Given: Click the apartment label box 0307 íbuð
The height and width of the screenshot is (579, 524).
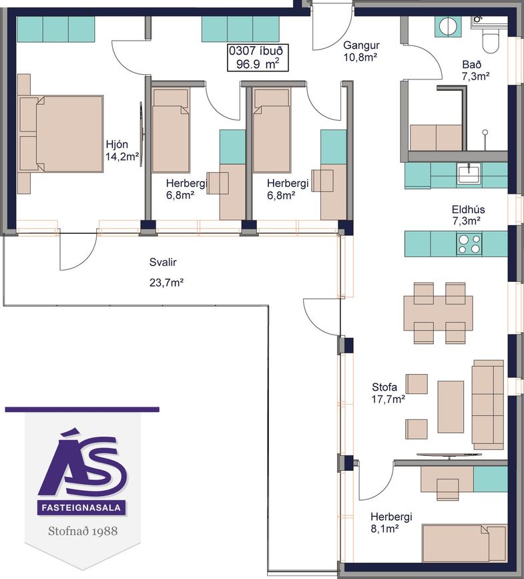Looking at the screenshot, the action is pyautogui.click(x=257, y=57).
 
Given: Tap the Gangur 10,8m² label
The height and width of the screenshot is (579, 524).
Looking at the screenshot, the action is pyautogui.click(x=361, y=51).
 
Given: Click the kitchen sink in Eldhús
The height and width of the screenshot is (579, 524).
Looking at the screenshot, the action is pyautogui.click(x=469, y=174).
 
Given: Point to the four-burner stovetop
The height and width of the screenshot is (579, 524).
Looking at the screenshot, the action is pyautogui.click(x=469, y=244).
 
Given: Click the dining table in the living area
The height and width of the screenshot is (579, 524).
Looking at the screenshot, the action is pyautogui.click(x=439, y=309).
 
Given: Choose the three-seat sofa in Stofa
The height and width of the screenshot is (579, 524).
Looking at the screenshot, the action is pyautogui.click(x=488, y=404).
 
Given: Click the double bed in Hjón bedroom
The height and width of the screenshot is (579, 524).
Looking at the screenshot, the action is pyautogui.click(x=61, y=134).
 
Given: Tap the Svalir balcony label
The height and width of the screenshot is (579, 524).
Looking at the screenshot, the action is pyautogui.click(x=163, y=262).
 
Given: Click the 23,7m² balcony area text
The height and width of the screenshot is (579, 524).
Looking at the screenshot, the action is pyautogui.click(x=166, y=283).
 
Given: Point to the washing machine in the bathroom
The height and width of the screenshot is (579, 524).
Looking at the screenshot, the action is pyautogui.click(x=448, y=27).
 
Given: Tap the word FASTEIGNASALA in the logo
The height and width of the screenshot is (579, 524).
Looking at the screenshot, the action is pyautogui.click(x=81, y=508).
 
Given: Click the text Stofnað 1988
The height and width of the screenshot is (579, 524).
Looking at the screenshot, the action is pyautogui.click(x=83, y=531).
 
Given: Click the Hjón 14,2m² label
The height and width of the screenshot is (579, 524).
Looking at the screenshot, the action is pyautogui.click(x=122, y=150).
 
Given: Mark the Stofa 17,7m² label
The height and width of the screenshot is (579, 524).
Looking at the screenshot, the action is pyautogui.click(x=388, y=393).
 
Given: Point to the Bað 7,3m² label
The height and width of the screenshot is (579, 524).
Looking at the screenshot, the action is pyautogui.click(x=476, y=70).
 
